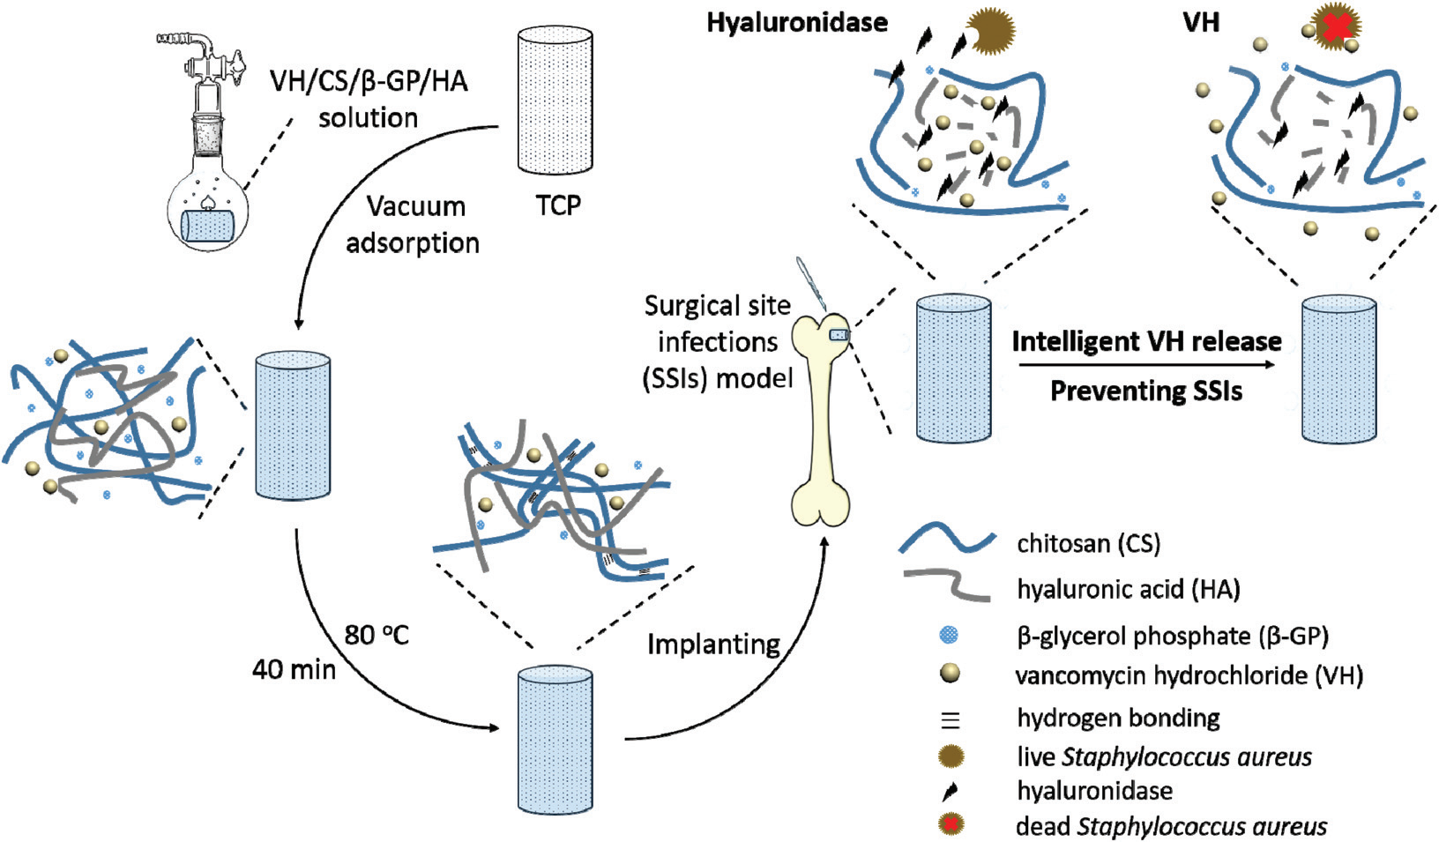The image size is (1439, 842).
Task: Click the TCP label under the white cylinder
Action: click(x=558, y=205)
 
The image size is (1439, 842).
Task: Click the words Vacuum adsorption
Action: click(x=414, y=224)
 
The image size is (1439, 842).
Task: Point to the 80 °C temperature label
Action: click(x=377, y=634)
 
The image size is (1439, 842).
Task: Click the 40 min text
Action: click(x=294, y=669)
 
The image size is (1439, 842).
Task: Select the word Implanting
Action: click(x=713, y=645)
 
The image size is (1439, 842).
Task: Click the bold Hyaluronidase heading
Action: click(x=797, y=22)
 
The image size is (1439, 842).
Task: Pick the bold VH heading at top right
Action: click(x=1201, y=22)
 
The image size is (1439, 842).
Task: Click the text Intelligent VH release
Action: click(x=1146, y=341)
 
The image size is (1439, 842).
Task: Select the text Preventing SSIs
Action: click(x=1146, y=390)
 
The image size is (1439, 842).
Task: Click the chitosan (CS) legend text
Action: click(x=1088, y=543)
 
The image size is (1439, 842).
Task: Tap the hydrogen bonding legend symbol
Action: click(x=951, y=719)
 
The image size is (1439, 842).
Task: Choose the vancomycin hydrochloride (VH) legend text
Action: click(x=1189, y=676)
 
